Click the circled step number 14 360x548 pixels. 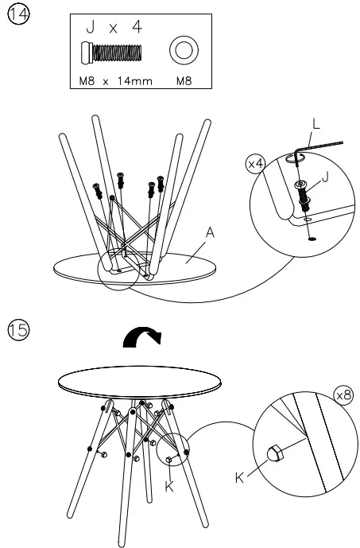point(18,14)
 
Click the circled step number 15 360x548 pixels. point(18,330)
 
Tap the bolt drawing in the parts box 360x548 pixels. point(112,52)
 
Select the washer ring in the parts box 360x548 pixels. point(184,50)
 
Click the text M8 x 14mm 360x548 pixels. point(115,81)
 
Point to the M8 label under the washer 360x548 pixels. point(184,81)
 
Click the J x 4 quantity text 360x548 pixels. point(114,27)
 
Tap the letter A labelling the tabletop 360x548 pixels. point(210,232)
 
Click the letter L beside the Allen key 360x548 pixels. point(316,124)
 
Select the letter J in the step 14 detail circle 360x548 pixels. point(325,177)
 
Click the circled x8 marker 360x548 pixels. point(343,395)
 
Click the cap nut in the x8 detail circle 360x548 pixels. point(275,453)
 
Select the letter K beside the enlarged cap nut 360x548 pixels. point(239,478)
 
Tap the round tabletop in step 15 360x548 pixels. point(140,383)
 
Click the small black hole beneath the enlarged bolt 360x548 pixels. point(312,239)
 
